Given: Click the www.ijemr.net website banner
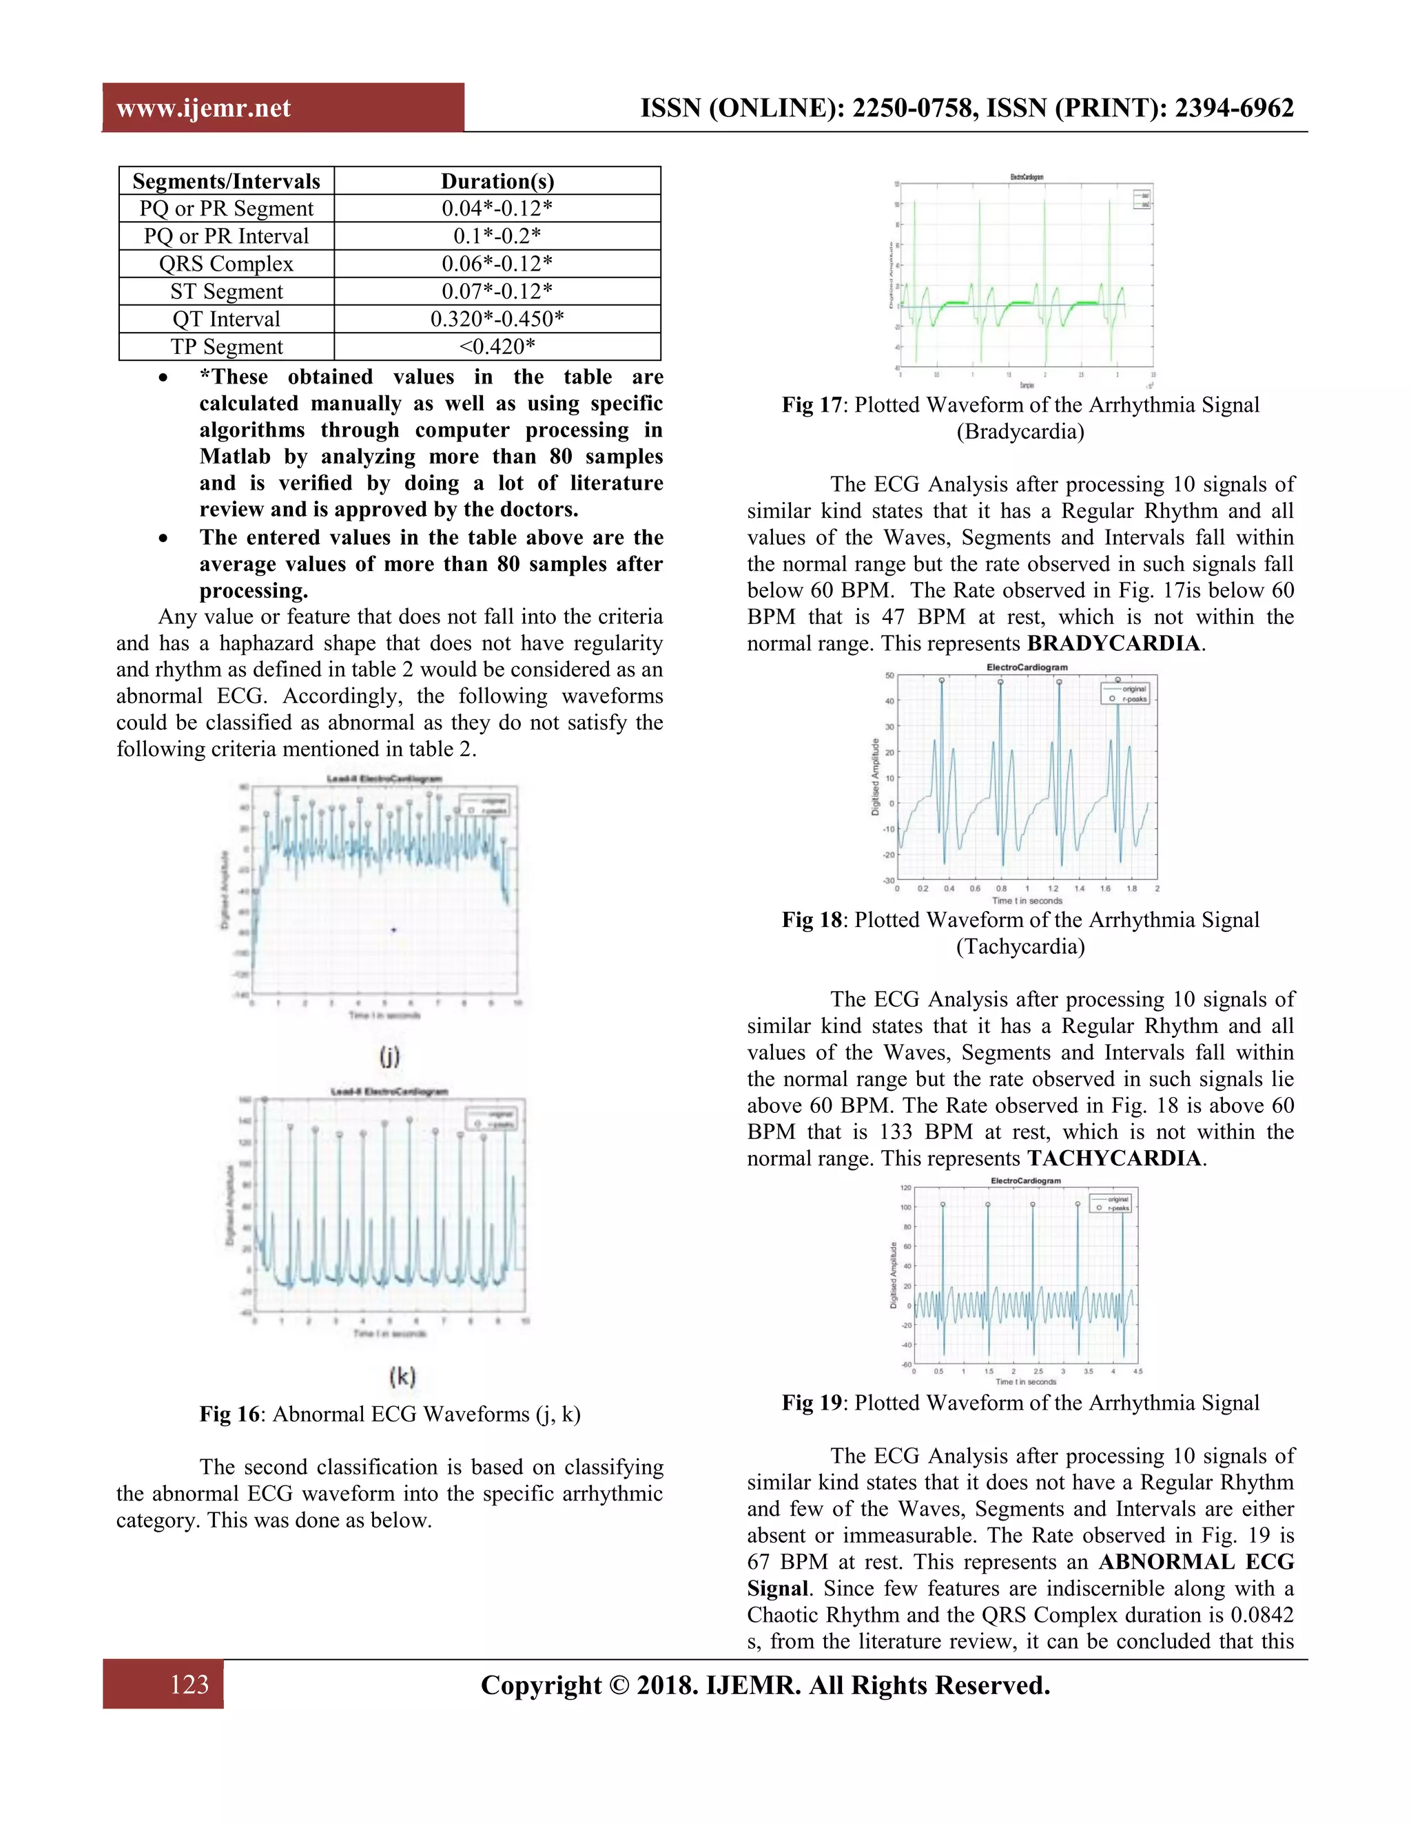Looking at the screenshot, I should [203, 109].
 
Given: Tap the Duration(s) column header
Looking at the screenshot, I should [497, 181].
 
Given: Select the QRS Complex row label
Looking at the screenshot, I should [227, 264].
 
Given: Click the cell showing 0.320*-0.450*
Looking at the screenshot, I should [497, 320].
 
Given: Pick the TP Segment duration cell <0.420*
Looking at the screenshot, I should [497, 347].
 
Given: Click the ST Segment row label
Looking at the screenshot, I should [227, 291].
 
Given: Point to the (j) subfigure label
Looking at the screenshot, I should [389, 1056].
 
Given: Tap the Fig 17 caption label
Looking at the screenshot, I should [812, 405].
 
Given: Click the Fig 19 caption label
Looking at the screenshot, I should [812, 1403].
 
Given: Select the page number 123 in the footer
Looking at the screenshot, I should [189, 1685].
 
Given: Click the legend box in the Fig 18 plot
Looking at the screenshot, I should [1126, 693].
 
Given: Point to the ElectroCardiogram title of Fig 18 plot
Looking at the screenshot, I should [1027, 667].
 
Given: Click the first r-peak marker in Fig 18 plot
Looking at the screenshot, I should [942, 680].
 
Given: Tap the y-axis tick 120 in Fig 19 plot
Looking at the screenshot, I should [905, 1187].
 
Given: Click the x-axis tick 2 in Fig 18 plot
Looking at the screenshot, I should [1157, 889].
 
